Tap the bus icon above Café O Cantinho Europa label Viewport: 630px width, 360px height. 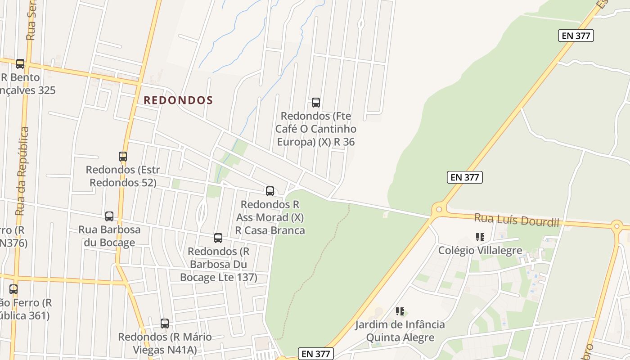point(316,103)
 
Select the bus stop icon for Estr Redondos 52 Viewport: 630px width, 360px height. point(123,157)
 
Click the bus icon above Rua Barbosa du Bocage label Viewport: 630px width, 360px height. point(109,216)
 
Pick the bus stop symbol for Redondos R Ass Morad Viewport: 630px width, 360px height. point(270,191)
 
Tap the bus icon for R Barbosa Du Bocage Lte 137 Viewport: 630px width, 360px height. point(218,238)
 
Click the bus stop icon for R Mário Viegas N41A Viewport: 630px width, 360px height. point(165,324)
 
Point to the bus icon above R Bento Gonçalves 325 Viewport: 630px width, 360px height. point(20,64)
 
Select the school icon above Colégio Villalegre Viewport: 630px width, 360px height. point(480,237)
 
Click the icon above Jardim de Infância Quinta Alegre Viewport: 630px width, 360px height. point(400,311)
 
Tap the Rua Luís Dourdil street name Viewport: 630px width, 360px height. point(516,220)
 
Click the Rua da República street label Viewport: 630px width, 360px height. point(22,171)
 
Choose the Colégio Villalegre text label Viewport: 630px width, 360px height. point(480,250)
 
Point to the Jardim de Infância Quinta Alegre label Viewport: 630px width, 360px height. point(400,331)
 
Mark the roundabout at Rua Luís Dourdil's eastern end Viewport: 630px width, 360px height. point(617,226)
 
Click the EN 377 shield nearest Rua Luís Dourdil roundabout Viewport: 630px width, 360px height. point(465,177)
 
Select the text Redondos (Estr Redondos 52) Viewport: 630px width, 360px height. point(123,176)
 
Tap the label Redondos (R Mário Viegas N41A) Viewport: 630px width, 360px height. point(165,343)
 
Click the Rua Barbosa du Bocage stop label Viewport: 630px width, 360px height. point(109,236)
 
